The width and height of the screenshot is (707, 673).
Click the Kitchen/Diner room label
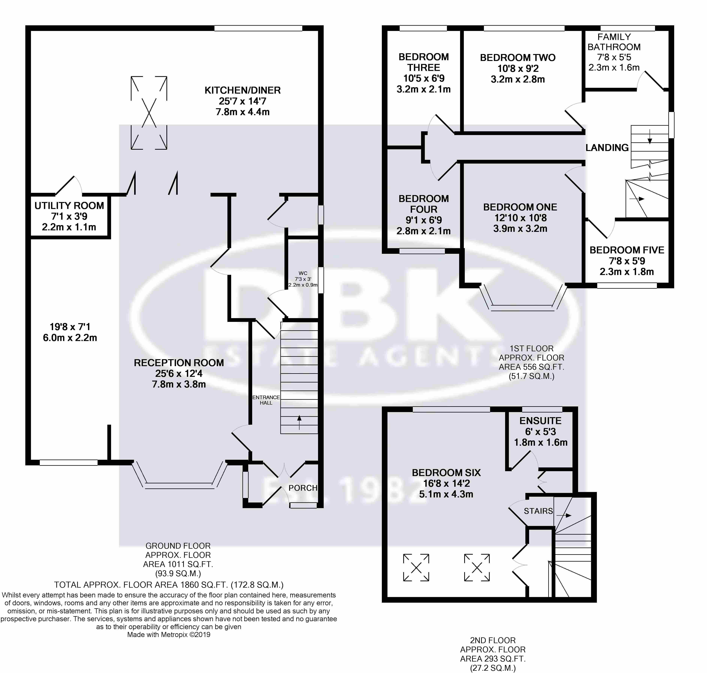pos(243,90)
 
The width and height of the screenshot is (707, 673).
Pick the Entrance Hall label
pos(266,400)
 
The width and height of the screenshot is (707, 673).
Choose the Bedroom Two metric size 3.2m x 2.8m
pos(517,79)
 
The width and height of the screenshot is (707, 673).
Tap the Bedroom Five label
pos(627,250)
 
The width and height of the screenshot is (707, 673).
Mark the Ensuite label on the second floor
pos(541,421)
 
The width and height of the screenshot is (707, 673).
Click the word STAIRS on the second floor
pos(538,511)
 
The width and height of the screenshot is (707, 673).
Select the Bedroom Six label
pos(446,473)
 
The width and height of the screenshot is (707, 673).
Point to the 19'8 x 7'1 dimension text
pos(70,327)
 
